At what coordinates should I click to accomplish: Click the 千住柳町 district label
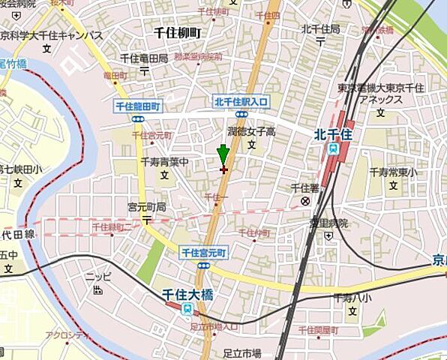[177, 33]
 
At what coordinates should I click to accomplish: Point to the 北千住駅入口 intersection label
[241, 101]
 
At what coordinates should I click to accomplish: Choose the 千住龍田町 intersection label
[137, 107]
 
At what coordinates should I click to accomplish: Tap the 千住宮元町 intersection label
[202, 253]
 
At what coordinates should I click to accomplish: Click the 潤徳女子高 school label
[251, 130]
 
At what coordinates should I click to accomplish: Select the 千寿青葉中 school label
[163, 161]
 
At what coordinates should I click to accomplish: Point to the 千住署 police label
[304, 188]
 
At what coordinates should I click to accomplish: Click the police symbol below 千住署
[305, 201]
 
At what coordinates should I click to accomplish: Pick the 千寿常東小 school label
[393, 171]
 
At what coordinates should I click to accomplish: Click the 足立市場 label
[241, 352]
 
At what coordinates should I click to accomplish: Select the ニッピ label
[97, 276]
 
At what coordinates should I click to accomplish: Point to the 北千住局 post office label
[320, 28]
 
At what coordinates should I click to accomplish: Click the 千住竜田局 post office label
[143, 58]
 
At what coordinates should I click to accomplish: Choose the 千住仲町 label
[255, 232]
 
